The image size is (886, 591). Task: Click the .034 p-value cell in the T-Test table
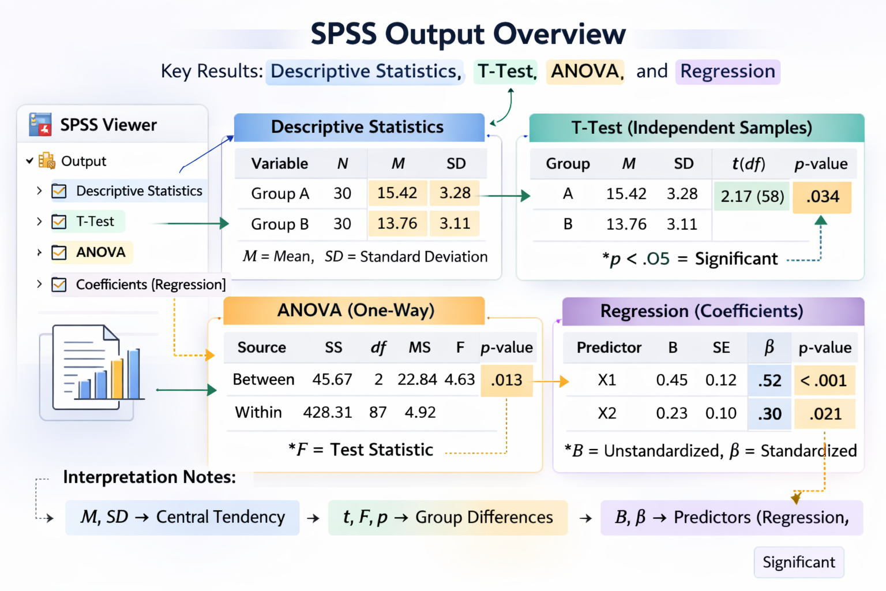pos(822,197)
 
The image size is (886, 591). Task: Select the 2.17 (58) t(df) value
pos(752,197)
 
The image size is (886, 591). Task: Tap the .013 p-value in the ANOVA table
pos(506,380)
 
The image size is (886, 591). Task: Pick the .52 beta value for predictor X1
pos(769,381)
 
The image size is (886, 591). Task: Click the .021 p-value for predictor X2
pos(825,414)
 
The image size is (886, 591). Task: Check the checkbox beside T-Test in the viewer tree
pos(59,222)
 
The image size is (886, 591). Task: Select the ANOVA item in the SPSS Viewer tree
pos(100,252)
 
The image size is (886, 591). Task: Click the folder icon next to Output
pos(46,161)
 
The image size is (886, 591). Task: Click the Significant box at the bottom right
pos(798,562)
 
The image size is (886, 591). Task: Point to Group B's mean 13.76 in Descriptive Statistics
pos(397,224)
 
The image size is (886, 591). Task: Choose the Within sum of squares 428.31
pos(327,413)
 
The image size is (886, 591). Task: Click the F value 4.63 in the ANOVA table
pos(460,380)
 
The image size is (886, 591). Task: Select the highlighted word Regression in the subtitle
pos(727,72)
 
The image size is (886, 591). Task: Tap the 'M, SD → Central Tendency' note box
pos(182,517)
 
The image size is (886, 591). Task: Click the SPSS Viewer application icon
pos(40,125)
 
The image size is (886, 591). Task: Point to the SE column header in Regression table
pos(721,347)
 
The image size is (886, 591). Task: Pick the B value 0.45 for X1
pos(671,380)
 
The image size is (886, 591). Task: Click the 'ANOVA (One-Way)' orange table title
pos(355,311)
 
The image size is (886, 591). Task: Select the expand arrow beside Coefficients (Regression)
pos(39,284)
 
